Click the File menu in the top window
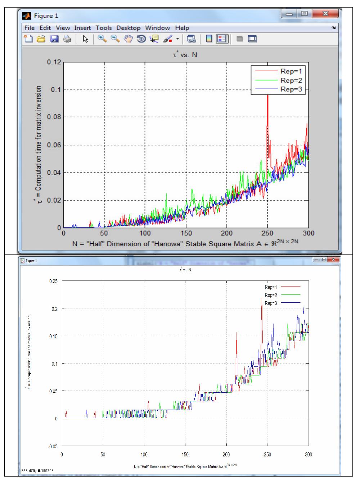point(30,28)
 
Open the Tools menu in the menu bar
point(104,28)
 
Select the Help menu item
point(182,28)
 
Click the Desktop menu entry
point(128,28)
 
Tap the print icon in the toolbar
point(67,39)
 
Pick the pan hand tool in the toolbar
point(128,39)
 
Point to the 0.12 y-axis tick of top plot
point(54,62)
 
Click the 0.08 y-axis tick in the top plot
point(54,117)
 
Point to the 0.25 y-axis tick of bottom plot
point(53,281)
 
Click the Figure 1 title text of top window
point(46,16)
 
